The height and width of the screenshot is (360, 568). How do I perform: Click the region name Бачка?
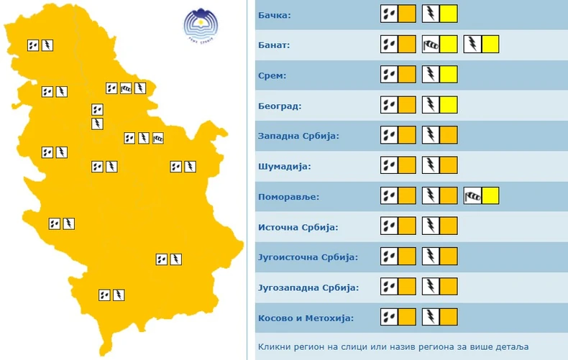275,14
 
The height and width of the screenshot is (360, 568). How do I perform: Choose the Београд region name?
280,106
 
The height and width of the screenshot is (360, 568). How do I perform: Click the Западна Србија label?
298,136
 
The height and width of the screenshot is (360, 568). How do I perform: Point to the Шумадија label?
284,166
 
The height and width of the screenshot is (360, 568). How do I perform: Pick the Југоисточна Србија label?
308,257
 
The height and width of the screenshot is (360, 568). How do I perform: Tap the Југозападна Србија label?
308,287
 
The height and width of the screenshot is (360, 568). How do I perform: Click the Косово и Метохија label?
306,318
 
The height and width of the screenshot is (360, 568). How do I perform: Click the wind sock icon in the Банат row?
430,45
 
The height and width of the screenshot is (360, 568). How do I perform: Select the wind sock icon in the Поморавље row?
472,195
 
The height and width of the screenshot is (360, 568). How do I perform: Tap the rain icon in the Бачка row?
388,14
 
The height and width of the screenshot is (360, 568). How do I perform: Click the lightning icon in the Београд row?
430,105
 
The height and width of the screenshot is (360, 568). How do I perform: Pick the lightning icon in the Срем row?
430,75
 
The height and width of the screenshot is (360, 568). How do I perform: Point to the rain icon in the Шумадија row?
388,165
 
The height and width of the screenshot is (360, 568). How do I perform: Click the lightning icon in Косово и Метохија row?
430,317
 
